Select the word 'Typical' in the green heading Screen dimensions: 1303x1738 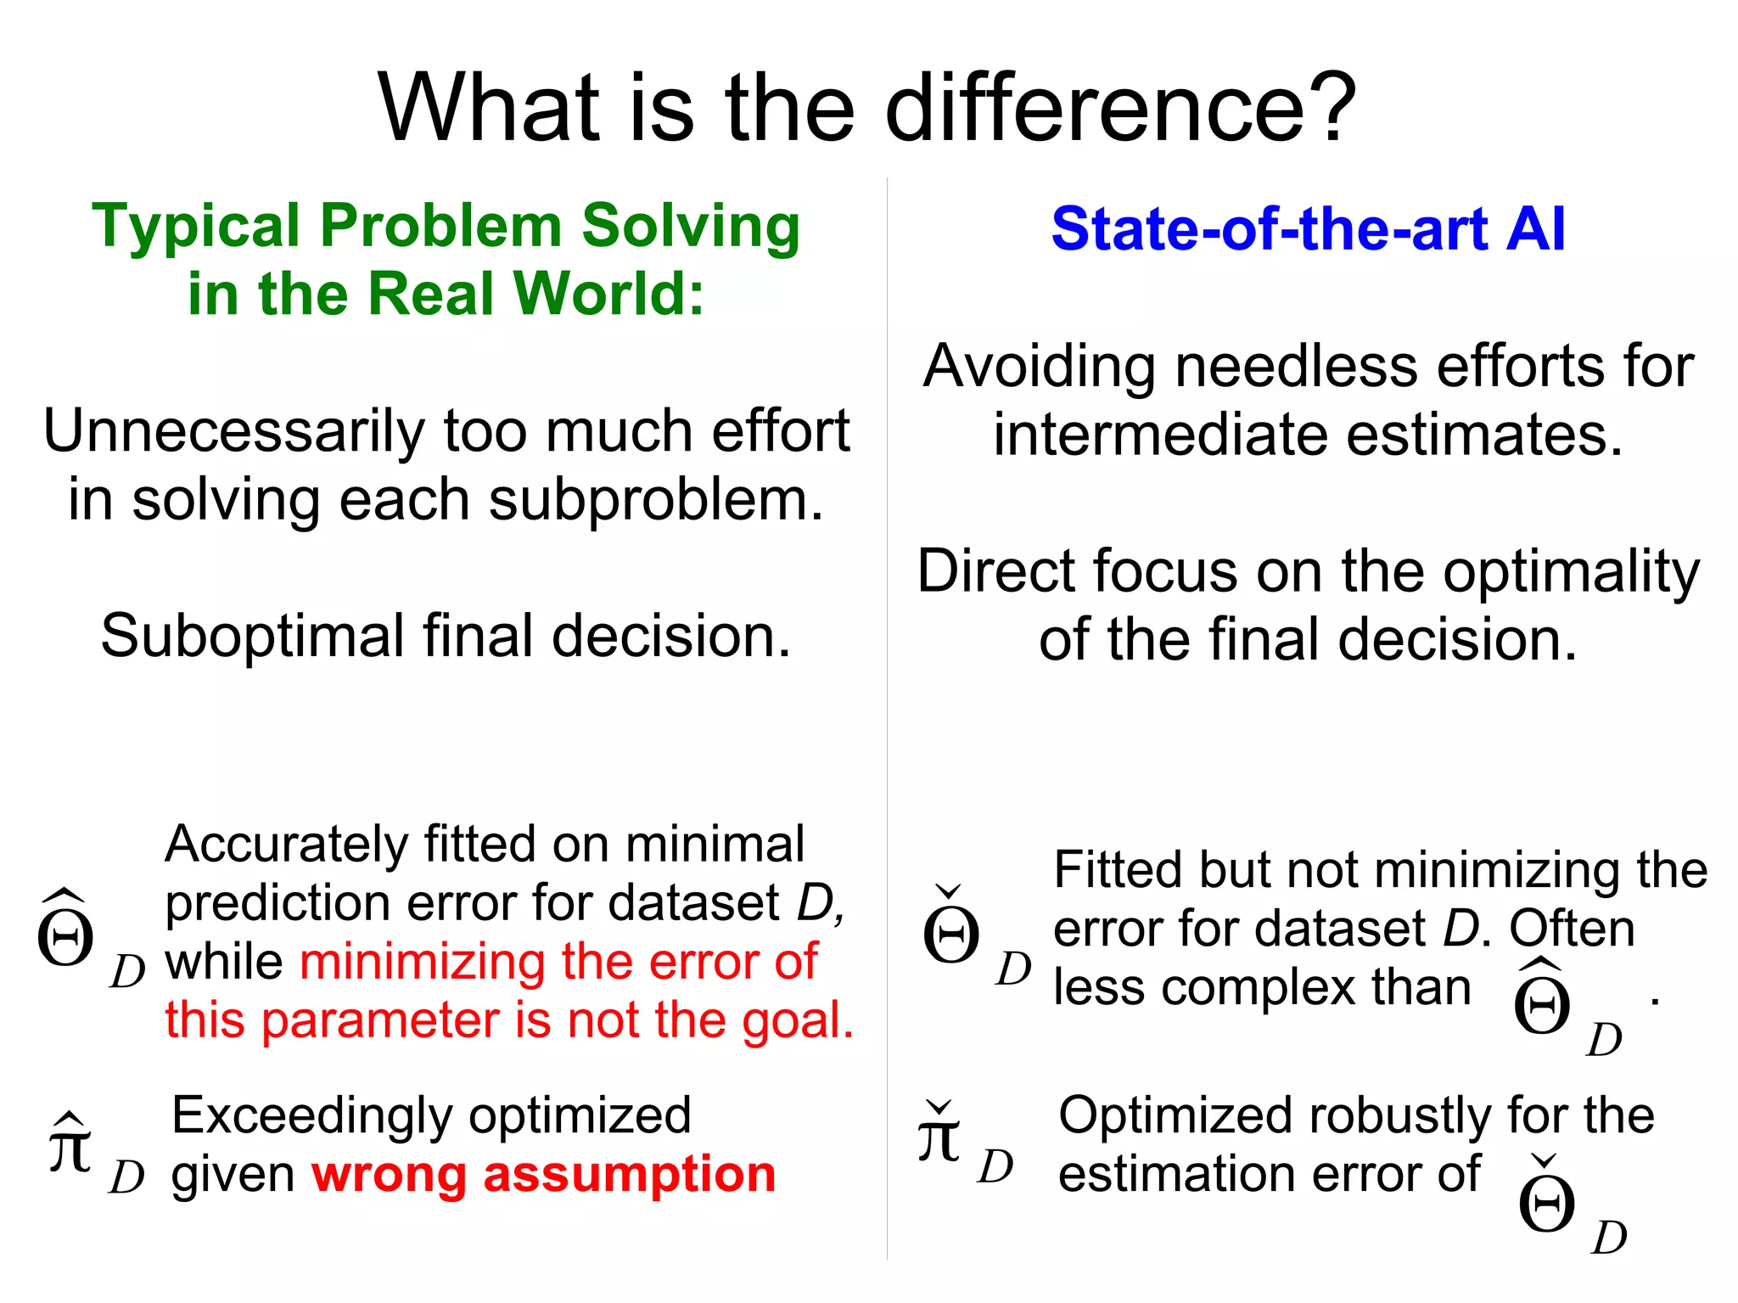pyautogui.click(x=195, y=227)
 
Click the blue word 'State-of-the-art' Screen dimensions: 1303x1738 pyautogui.click(x=1269, y=229)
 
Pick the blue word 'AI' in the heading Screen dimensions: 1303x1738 pyautogui.click(x=1534, y=229)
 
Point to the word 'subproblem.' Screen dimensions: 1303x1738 pyautogui.click(x=655, y=499)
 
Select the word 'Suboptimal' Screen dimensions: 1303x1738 pyautogui.click(x=252, y=636)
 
